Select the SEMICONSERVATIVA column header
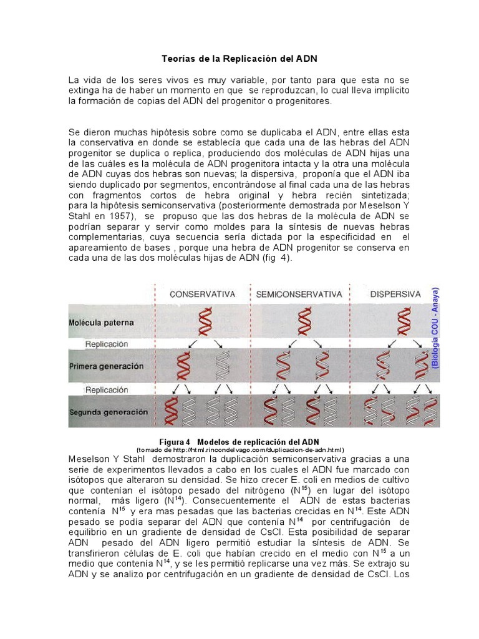[299, 294]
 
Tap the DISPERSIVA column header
[395, 294]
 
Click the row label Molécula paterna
[102, 323]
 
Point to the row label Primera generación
[107, 366]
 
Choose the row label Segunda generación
[109, 412]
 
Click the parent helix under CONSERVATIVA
[205, 323]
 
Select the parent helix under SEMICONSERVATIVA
[304, 323]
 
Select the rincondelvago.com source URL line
[240, 449]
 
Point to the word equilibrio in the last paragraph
[93, 532]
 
